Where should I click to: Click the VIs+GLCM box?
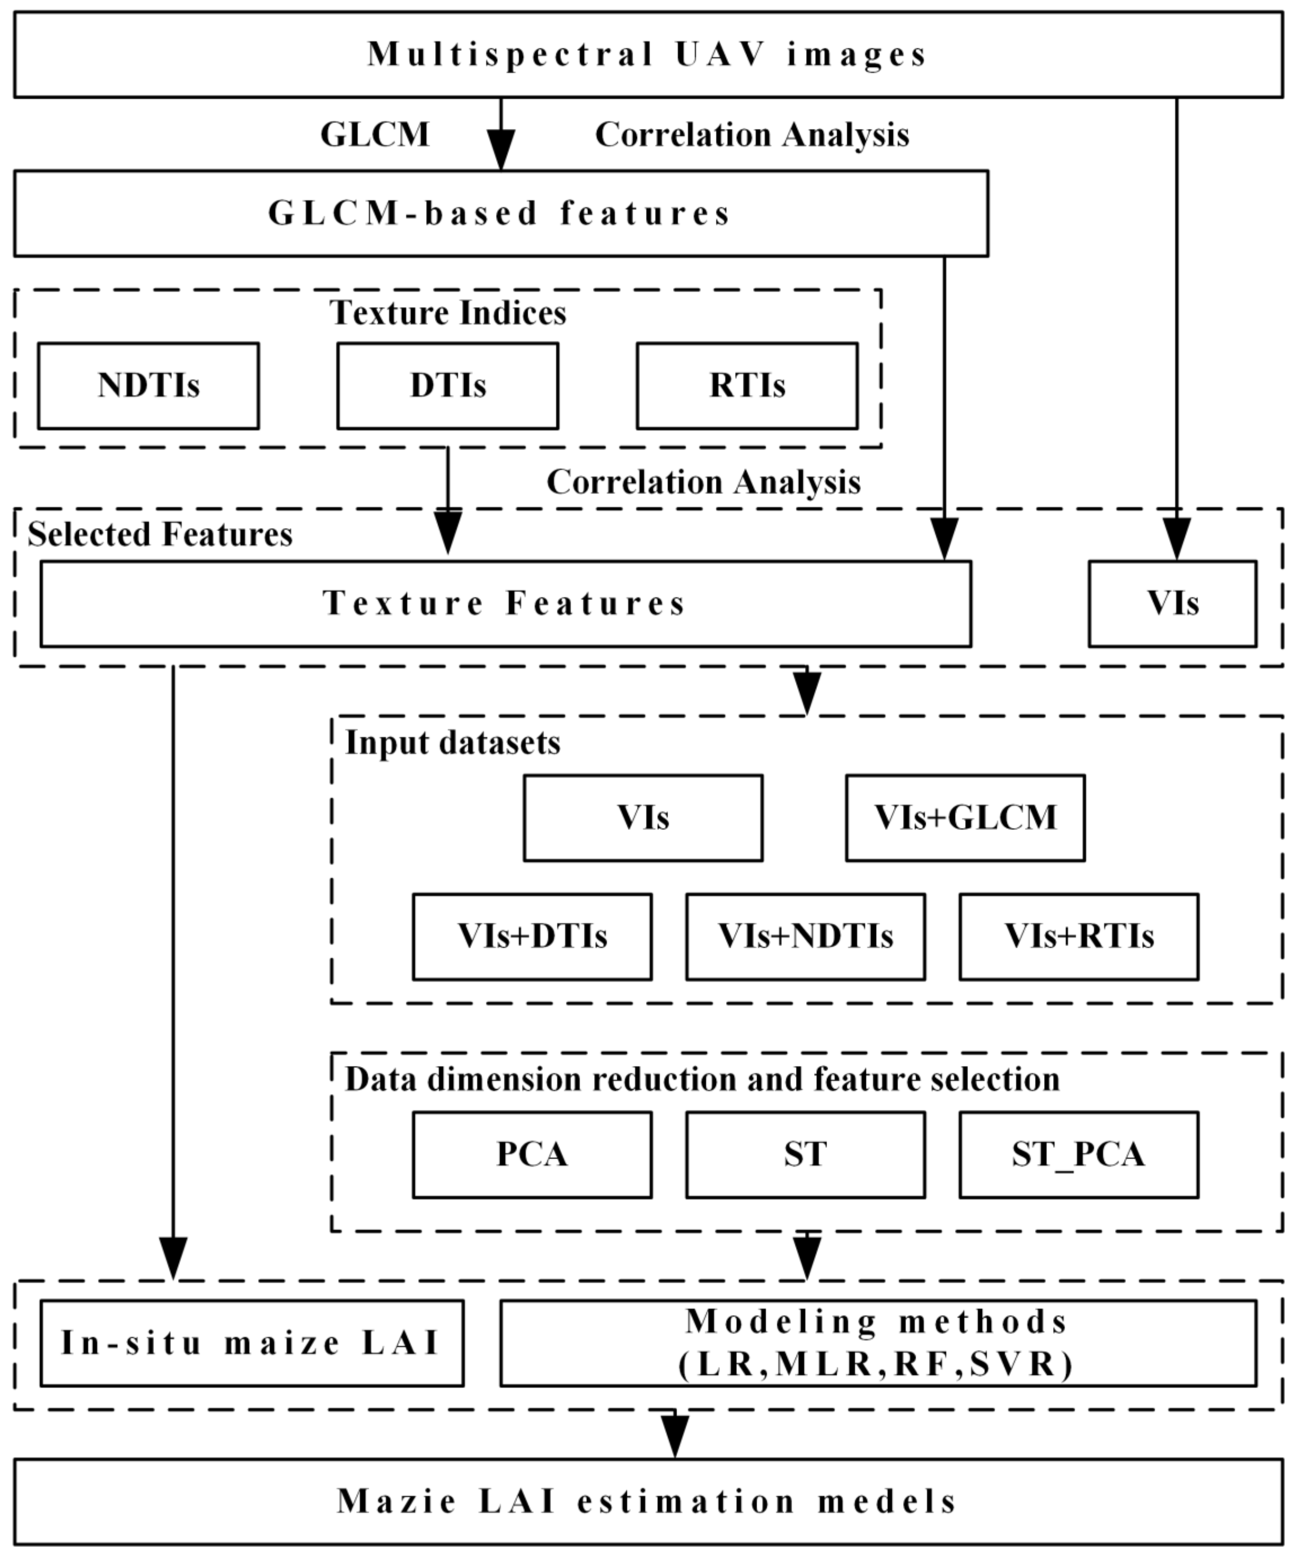pyautogui.click(x=965, y=818)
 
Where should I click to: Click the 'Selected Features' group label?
pyautogui.click(x=160, y=535)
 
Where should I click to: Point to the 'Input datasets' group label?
pyautogui.click(x=452, y=743)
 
